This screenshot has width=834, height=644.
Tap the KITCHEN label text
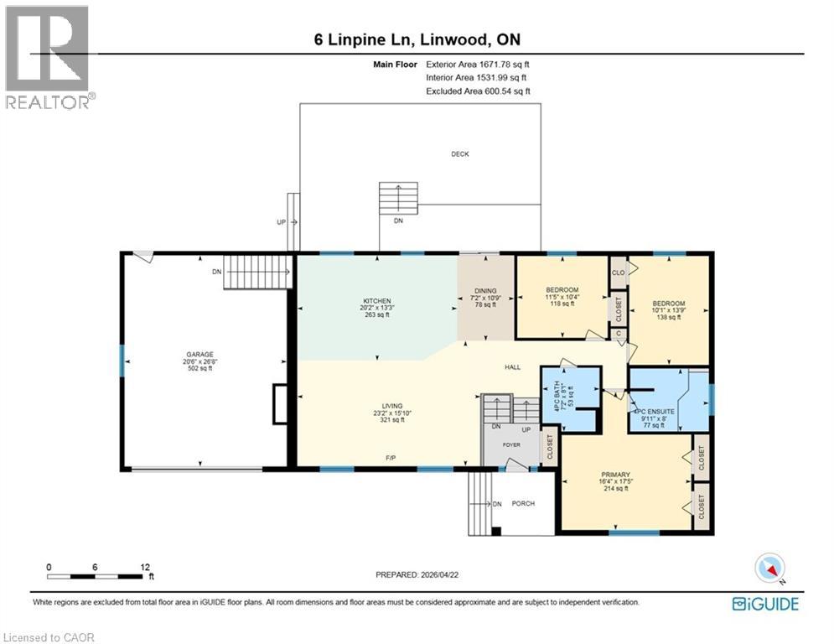pyautogui.click(x=377, y=301)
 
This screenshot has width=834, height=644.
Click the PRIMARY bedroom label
pyautogui.click(x=615, y=474)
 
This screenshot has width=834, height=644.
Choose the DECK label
pyautogui.click(x=460, y=154)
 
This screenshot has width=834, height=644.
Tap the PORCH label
pyautogui.click(x=523, y=503)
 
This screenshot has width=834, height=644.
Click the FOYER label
pyautogui.click(x=512, y=445)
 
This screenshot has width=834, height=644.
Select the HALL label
pyautogui.click(x=514, y=367)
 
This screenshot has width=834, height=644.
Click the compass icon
pyautogui.click(x=769, y=568)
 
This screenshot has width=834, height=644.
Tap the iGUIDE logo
pyautogui.click(x=764, y=603)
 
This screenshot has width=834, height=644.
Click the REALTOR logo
pyautogui.click(x=49, y=56)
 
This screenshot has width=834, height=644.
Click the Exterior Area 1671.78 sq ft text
pyautogui.click(x=478, y=64)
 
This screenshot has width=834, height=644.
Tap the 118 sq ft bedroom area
pyautogui.click(x=562, y=304)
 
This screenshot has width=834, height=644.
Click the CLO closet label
pyautogui.click(x=619, y=273)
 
